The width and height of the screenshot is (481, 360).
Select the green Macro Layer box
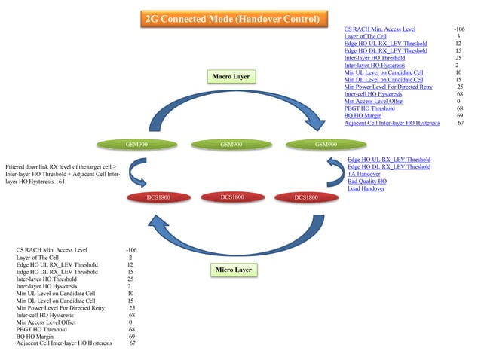pos(231,77)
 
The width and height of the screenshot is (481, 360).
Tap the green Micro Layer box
pos(232,270)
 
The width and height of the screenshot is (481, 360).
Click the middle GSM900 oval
pos(231,144)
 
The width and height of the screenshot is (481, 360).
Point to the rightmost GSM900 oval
pos(325,144)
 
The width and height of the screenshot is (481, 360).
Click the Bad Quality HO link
pos(366,182)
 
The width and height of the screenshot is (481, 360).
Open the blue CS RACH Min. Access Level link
pos(379,29)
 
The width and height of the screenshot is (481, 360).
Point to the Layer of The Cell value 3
pos(458,36)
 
